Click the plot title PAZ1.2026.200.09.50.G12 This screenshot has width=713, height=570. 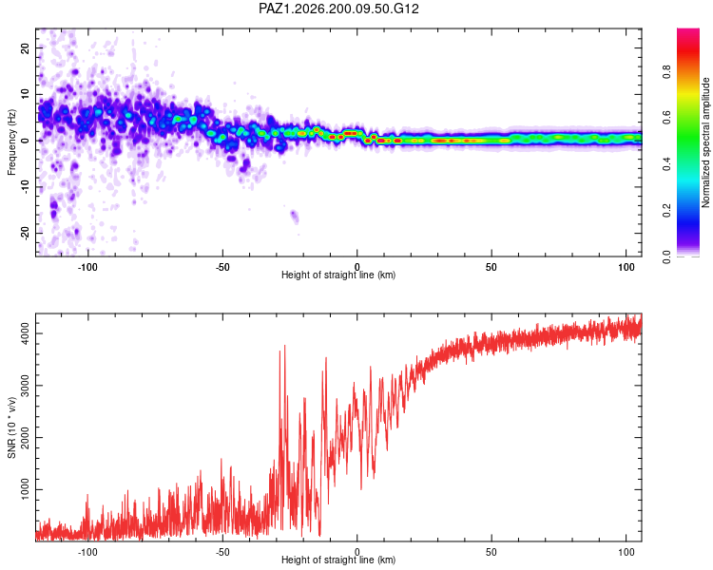point(338,9)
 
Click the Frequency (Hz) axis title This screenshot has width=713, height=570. point(11,142)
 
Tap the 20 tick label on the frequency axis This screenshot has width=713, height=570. point(25,47)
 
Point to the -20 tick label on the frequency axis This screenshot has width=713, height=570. point(25,234)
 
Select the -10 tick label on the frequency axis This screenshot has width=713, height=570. point(25,187)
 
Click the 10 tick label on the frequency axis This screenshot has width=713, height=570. point(25,94)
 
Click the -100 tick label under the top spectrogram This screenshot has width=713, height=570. point(87,267)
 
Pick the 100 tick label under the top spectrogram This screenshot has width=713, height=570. point(626,267)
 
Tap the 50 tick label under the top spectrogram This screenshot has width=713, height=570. point(491,267)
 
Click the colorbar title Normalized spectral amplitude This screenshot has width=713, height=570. point(705,142)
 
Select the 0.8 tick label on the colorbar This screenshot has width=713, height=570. point(666,72)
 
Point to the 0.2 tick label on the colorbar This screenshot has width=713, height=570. point(666,211)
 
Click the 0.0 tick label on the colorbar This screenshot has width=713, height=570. point(666,256)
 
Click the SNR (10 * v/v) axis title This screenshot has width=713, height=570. point(11,427)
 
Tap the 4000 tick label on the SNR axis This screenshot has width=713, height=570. point(25,333)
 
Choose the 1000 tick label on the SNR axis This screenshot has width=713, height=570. point(25,489)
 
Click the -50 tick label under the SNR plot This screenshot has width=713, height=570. point(222,552)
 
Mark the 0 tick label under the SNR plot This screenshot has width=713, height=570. point(356,552)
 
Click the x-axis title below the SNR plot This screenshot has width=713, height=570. point(338,560)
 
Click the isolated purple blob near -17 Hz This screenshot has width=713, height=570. point(294,217)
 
